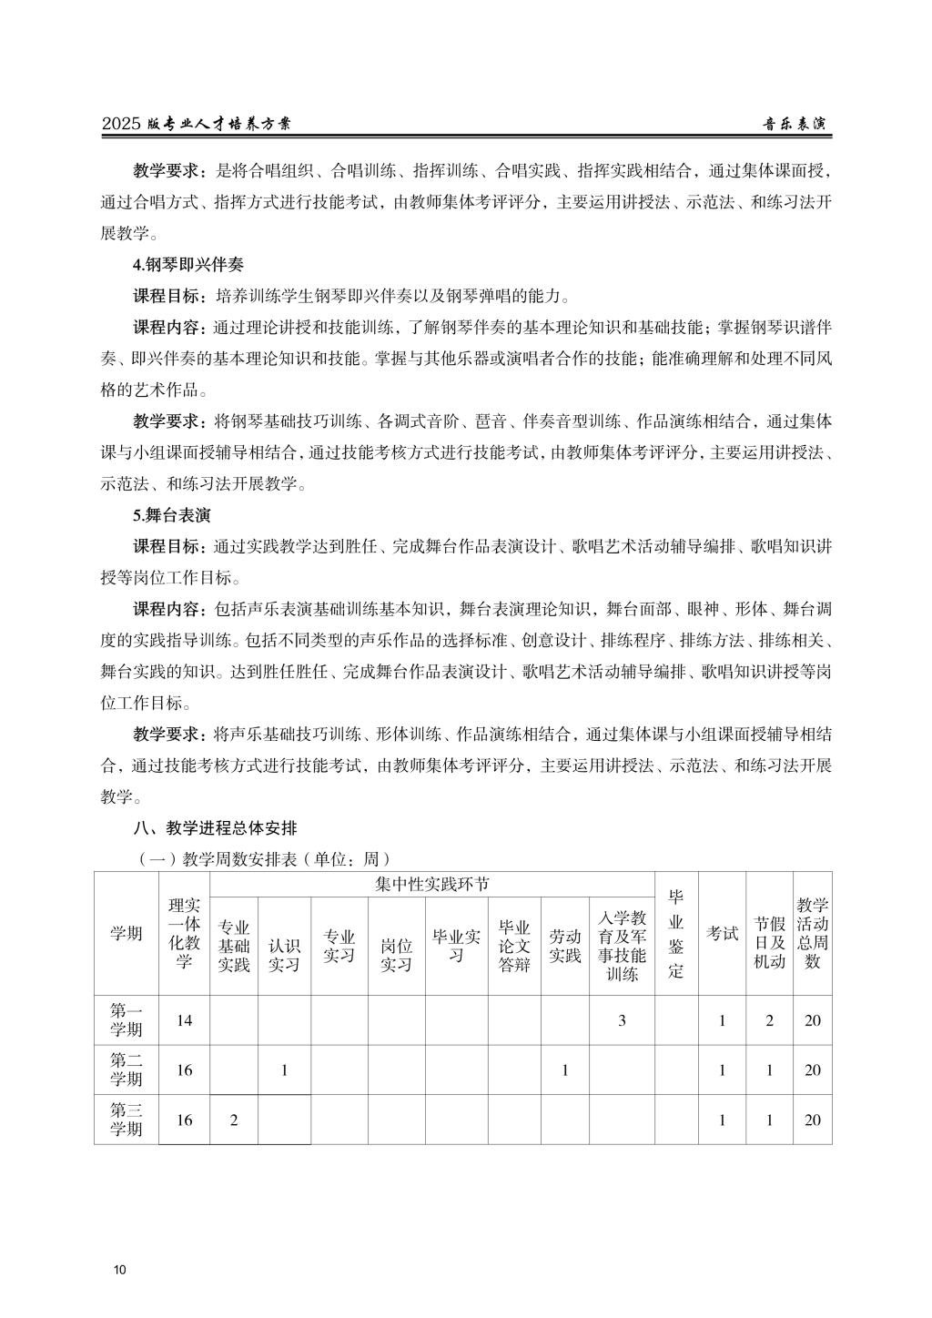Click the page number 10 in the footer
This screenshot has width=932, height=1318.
[x=120, y=1270]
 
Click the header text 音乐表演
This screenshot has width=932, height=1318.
[x=798, y=124]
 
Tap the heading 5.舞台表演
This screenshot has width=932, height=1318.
[x=172, y=515]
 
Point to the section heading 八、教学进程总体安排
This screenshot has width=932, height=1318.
[x=215, y=827]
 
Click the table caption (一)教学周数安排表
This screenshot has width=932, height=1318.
[x=264, y=858]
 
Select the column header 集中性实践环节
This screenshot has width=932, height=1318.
[x=431, y=884]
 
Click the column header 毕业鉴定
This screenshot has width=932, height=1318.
[x=676, y=933]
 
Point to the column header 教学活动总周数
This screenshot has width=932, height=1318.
[x=812, y=933]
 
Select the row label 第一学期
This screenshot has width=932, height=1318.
[x=127, y=1020]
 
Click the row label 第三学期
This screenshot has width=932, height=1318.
[x=127, y=1120]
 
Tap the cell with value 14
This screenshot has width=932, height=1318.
[x=185, y=1020]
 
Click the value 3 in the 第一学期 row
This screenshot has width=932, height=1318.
[x=622, y=1020]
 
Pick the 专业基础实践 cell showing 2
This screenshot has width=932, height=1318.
[x=234, y=1120]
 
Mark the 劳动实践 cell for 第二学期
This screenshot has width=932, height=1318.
[x=564, y=1070]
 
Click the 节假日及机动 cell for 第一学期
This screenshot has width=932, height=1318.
[x=769, y=1020]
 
